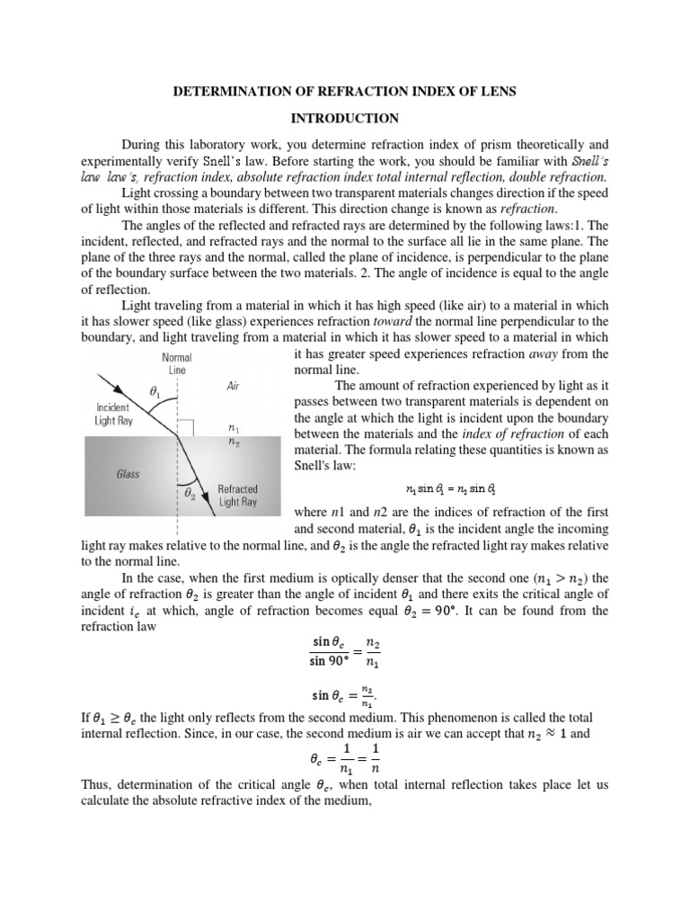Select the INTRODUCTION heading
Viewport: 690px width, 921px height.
[x=344, y=118]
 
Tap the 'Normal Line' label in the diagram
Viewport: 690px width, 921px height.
[x=178, y=362]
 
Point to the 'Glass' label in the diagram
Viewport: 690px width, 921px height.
[x=127, y=474]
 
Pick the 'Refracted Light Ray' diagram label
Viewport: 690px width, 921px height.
[x=237, y=496]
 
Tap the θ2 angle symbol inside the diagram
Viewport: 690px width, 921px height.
[x=190, y=493]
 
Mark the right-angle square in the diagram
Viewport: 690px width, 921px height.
[x=187, y=425]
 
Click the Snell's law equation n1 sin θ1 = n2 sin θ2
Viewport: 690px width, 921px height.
[x=451, y=488]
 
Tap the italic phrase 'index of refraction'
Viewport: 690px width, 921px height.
[x=512, y=434]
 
